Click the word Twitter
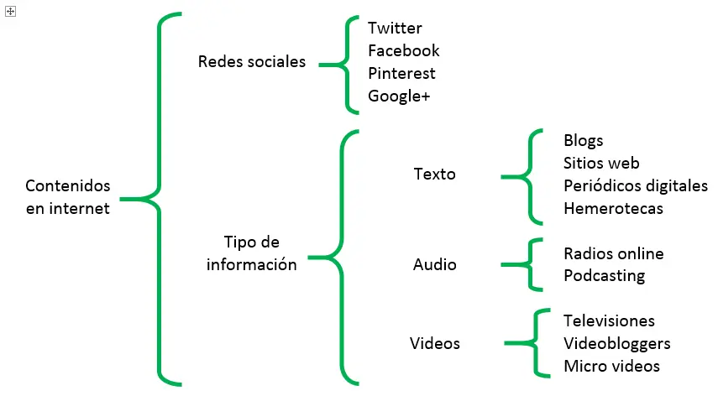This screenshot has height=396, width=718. coord(395,29)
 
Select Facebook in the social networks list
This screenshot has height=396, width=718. coord(403,51)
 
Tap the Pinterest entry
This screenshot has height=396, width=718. coord(401,74)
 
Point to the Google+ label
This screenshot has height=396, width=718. coord(399,96)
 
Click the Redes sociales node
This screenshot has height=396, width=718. coord(252,62)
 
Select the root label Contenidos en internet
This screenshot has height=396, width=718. coord(67,197)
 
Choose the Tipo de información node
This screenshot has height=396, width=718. coord(252,253)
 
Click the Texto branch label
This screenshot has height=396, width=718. coord(435,175)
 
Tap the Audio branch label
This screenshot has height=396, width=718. coord(435,264)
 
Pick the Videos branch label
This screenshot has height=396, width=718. coord(435,343)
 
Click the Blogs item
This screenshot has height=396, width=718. coord(584,140)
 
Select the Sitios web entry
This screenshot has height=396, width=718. coord(601,163)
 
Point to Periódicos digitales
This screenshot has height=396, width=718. coord(636,185)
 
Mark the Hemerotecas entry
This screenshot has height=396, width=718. coord(613,208)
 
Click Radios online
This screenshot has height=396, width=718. coord(613,253)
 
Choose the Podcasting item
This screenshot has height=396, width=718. coord(605,276)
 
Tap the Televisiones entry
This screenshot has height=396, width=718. coord(609,320)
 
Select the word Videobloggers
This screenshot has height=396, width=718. coord(617,343)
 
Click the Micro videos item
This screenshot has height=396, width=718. coord(611,366)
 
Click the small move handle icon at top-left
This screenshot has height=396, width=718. coord(10,10)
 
